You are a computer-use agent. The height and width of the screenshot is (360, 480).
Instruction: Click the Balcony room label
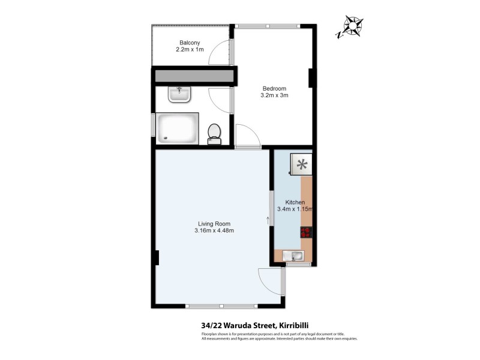[x=190, y=42]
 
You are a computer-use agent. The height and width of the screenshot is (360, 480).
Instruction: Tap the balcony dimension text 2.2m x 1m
[x=190, y=49]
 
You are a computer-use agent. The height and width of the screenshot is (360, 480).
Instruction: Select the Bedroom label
[x=274, y=88]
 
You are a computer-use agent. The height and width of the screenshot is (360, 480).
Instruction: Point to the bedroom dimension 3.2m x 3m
[x=274, y=95]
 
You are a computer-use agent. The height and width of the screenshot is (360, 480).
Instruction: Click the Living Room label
[x=214, y=224]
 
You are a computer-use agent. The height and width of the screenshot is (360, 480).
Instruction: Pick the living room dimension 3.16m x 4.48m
[x=214, y=231]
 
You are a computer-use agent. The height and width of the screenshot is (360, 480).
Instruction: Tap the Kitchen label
[x=295, y=202]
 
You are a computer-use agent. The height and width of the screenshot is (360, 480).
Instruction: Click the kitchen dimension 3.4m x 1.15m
[x=295, y=209]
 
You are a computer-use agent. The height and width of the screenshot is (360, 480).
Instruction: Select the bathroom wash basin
[x=179, y=94]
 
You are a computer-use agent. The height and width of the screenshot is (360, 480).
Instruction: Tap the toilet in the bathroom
[x=214, y=133]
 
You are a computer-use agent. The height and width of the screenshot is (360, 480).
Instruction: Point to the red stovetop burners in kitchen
[x=306, y=232]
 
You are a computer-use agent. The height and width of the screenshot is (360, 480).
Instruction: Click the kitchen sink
[x=295, y=257]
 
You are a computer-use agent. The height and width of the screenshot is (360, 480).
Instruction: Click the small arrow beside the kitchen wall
[x=268, y=220]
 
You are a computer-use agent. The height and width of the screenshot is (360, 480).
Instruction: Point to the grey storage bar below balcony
[x=194, y=76]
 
